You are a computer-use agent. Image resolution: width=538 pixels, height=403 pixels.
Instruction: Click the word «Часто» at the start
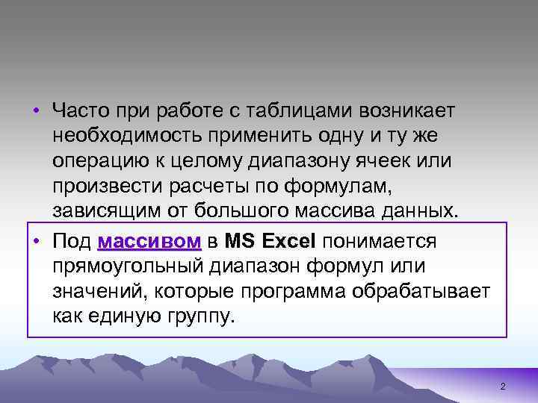[77, 111]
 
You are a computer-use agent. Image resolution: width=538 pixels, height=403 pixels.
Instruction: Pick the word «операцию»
[96, 162]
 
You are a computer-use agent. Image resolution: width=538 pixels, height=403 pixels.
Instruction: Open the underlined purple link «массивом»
[149, 242]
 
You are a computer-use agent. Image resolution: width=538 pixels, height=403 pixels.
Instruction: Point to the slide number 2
[503, 387]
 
